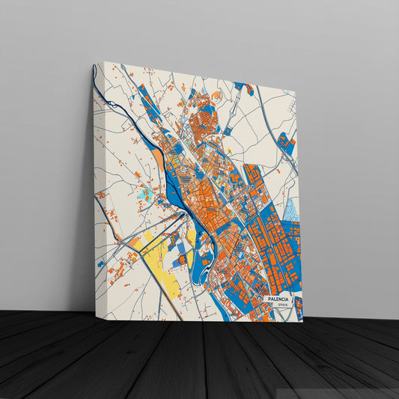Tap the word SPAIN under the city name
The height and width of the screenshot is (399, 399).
pyautogui.click(x=282, y=305)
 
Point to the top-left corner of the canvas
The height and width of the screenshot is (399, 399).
pyautogui.click(x=95, y=62)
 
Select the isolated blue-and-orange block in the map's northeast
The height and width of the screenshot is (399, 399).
pyautogui.click(x=285, y=142)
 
